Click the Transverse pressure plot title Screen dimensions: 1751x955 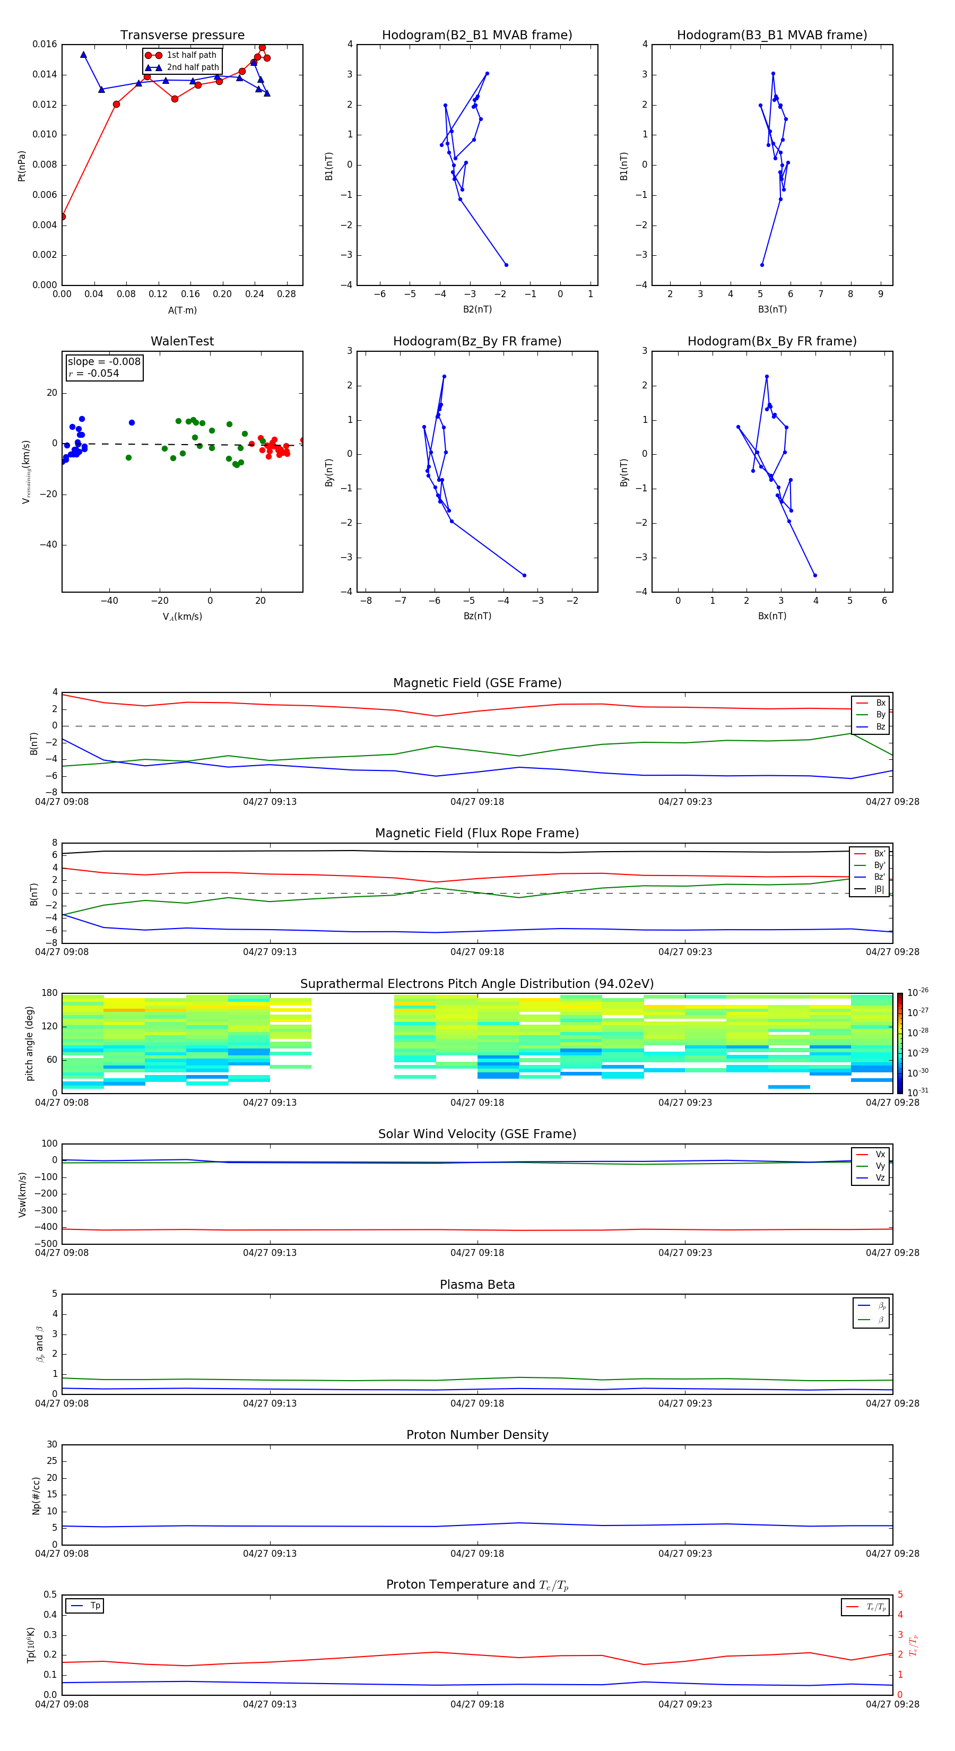[182, 36]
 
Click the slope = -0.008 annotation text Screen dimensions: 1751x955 [104, 362]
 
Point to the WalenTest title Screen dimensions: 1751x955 [182, 341]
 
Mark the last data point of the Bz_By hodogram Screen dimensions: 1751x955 [524, 576]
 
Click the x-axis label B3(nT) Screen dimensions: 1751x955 [772, 309]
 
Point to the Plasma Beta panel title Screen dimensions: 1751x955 [477, 1285]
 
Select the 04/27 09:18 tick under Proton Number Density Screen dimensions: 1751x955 [477, 1553]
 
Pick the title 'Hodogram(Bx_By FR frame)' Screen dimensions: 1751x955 [772, 341]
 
